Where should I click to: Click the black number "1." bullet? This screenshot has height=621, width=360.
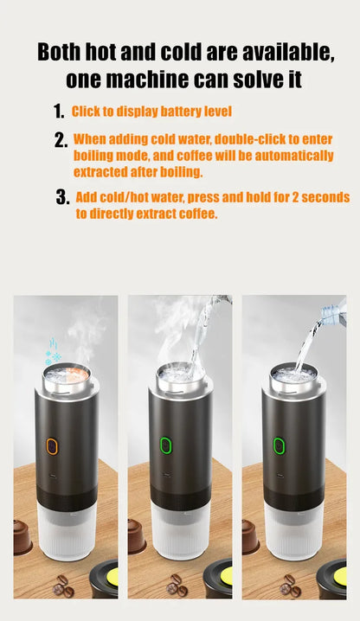59,112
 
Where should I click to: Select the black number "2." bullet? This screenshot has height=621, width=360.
61,140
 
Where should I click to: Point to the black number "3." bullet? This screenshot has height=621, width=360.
62,197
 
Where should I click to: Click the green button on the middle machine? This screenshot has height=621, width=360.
165,446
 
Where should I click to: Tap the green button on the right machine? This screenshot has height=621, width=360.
279,446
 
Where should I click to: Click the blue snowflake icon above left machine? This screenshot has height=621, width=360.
53,355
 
